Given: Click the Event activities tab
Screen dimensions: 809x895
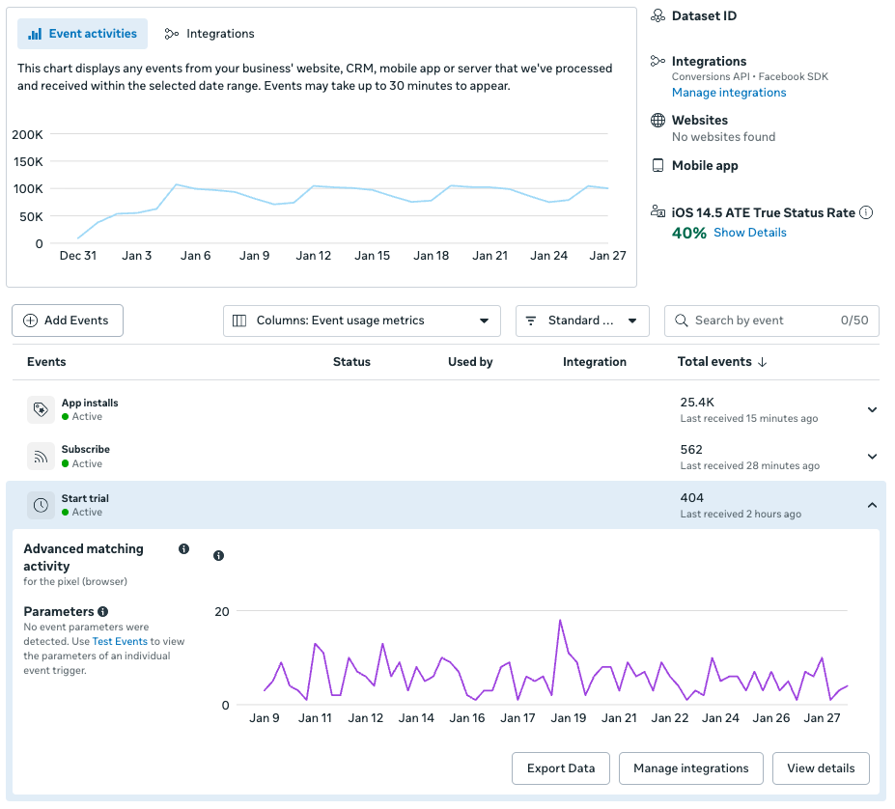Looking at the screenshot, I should pyautogui.click(x=83, y=34).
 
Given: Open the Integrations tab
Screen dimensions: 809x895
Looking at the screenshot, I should pyautogui.click(x=210, y=34).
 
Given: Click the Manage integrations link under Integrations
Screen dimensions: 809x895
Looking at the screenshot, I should pyautogui.click(x=729, y=93).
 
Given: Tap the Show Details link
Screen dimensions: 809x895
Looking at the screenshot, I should pyautogui.click(x=750, y=233).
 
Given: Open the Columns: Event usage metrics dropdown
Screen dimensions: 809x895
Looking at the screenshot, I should pyautogui.click(x=362, y=321).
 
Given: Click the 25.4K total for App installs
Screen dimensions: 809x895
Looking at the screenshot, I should pyautogui.click(x=697, y=402).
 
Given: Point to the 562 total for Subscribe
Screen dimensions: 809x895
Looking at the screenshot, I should pyautogui.click(x=691, y=450).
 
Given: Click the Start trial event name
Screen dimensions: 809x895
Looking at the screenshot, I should pyautogui.click(x=85, y=498).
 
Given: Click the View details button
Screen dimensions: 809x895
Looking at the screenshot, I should pyautogui.click(x=821, y=768).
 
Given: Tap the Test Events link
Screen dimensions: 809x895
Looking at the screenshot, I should pyautogui.click(x=120, y=641).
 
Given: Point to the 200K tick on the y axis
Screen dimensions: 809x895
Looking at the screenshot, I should pyautogui.click(x=27, y=134).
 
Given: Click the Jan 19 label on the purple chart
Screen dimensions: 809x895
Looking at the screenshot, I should pyautogui.click(x=568, y=718).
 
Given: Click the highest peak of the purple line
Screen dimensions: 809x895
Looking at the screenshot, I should pyautogui.click(x=560, y=621).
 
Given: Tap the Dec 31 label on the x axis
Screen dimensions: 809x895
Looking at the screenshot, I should pyautogui.click(x=77, y=256).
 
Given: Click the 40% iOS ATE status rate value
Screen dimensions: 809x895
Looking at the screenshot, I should pyautogui.click(x=689, y=233).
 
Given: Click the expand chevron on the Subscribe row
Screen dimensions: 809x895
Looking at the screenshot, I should pyautogui.click(x=872, y=457).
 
